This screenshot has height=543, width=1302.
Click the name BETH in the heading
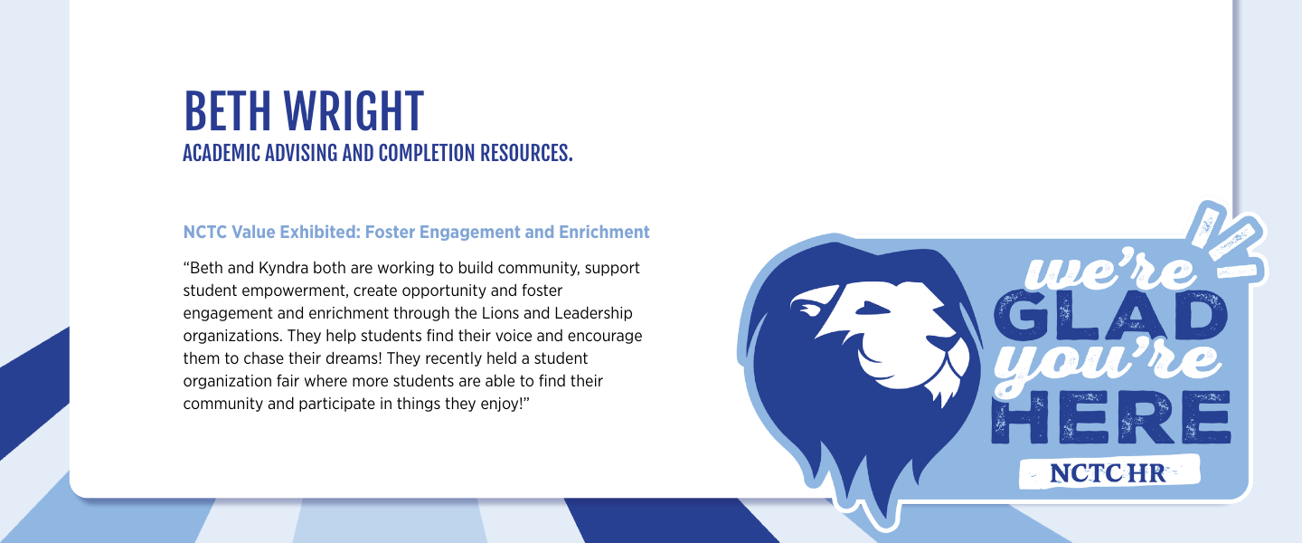227,111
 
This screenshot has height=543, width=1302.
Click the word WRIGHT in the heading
354,111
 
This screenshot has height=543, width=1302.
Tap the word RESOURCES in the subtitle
526,153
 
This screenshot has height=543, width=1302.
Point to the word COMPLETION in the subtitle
426,153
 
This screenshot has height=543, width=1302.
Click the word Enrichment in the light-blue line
604,233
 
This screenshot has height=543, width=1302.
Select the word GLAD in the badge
1109,315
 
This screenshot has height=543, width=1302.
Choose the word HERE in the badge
1110,417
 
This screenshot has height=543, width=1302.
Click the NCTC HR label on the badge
1109,473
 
